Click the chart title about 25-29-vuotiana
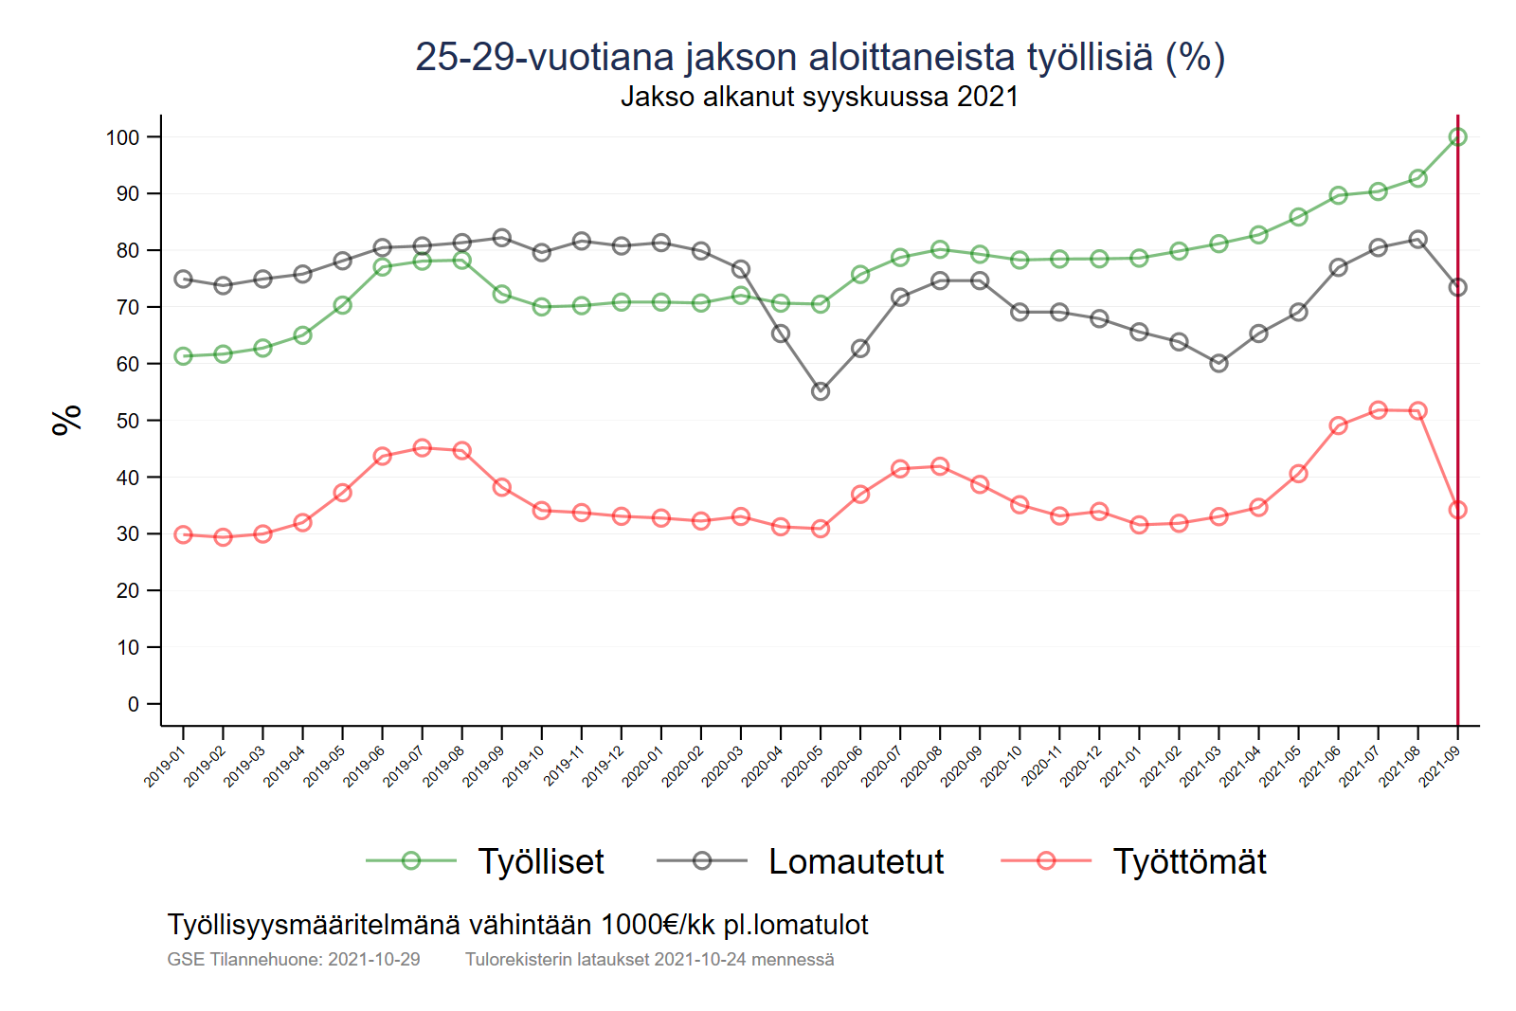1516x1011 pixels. [820, 57]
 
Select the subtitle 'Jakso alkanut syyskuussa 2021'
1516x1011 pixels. [820, 97]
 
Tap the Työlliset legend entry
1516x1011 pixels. [540, 861]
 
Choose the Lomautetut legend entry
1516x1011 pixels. [856, 861]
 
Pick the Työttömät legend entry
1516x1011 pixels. [1189, 861]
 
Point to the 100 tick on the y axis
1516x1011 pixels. [122, 137]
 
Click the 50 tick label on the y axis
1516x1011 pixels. [127, 421]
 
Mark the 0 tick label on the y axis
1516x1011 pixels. [134, 704]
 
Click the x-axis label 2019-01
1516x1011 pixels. [164, 767]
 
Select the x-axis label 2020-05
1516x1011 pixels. [802, 767]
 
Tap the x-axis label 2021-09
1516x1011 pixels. [1438, 767]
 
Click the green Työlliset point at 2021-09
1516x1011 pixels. [1457, 137]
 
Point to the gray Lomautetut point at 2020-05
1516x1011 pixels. [821, 391]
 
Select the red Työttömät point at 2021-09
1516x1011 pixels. [1457, 510]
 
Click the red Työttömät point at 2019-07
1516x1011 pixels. [423, 448]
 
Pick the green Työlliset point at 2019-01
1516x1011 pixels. [184, 356]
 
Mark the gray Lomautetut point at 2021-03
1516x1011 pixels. [1218, 363]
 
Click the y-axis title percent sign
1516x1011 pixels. [67, 420]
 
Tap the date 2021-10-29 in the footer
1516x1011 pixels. [373, 960]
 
